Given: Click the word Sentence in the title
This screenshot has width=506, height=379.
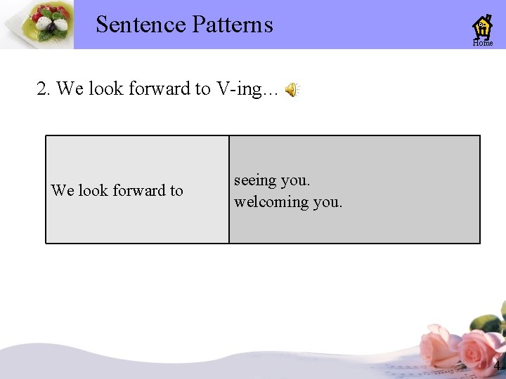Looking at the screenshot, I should (x=141, y=25).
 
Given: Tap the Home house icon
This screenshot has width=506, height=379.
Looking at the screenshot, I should (x=483, y=27).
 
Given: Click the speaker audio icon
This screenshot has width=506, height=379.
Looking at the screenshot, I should (x=291, y=89).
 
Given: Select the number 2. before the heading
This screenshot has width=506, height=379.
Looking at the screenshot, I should (x=44, y=88).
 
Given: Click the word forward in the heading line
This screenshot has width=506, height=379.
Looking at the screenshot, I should (x=158, y=88).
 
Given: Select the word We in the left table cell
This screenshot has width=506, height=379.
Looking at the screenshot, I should (x=62, y=190).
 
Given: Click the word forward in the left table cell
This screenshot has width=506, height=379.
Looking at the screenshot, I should (x=138, y=190).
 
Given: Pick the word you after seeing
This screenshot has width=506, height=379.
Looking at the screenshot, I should (x=295, y=180).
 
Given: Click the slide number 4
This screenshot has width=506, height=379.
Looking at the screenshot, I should (x=497, y=366).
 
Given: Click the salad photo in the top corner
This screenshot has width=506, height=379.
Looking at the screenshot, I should (x=37, y=25).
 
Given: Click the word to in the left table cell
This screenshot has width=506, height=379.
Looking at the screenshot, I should (x=176, y=190).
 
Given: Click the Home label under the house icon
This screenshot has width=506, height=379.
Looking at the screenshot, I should (x=483, y=44).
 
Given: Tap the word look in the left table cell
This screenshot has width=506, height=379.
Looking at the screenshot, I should (x=93, y=190).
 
